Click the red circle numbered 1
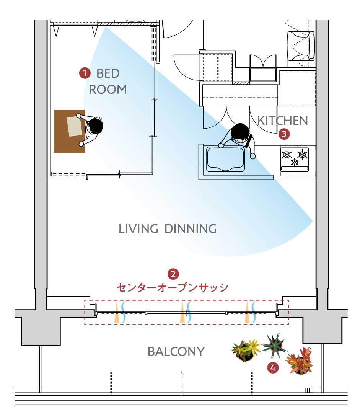[85, 73]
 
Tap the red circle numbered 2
[173, 274]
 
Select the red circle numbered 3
[284, 134]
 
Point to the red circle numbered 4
[273, 368]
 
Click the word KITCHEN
[283, 121]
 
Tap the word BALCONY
[176, 351]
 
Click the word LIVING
[138, 229]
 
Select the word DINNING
[191, 229]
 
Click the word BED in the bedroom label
[108, 73]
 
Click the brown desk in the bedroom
[69, 132]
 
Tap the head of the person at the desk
[94, 126]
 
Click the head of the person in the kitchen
[240, 132]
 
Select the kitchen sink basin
[225, 159]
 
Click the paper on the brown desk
[75, 126]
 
